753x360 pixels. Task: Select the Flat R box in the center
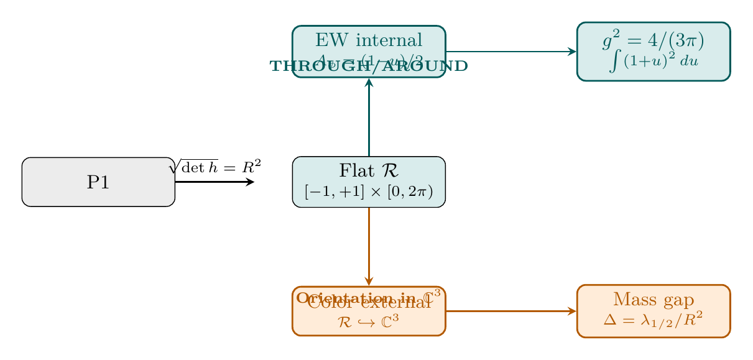369,182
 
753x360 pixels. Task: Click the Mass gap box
653,311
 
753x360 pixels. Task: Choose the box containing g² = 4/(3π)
653,52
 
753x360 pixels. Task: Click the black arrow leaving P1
215,182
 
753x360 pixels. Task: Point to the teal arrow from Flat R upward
369,118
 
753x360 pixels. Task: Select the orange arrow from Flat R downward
369,246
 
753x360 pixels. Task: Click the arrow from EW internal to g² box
510,52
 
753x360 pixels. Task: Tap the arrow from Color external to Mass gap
510,311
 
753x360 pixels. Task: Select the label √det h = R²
215,167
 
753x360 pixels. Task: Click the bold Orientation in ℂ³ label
369,297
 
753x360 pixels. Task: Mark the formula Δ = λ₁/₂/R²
653,321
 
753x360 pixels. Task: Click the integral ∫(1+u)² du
653,63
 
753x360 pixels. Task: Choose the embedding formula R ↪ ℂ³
369,321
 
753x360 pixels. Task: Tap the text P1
98,182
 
